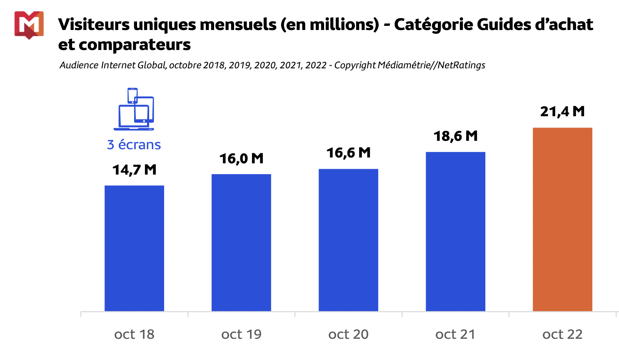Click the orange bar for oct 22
point(562,219)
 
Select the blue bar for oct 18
point(134,248)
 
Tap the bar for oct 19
point(241,242)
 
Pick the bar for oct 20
point(348,240)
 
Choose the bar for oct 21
point(455,232)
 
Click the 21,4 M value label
point(562,112)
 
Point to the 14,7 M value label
point(134,170)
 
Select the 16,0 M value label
point(241,158)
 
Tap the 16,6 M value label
point(348,153)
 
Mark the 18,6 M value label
point(455,136)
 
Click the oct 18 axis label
point(134,334)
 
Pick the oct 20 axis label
point(348,334)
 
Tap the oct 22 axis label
point(562,334)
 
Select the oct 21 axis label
point(455,334)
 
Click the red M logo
point(29,25)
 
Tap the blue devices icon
point(134,109)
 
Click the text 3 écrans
point(134,145)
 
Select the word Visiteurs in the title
point(94,25)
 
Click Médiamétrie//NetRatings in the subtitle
point(431,65)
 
